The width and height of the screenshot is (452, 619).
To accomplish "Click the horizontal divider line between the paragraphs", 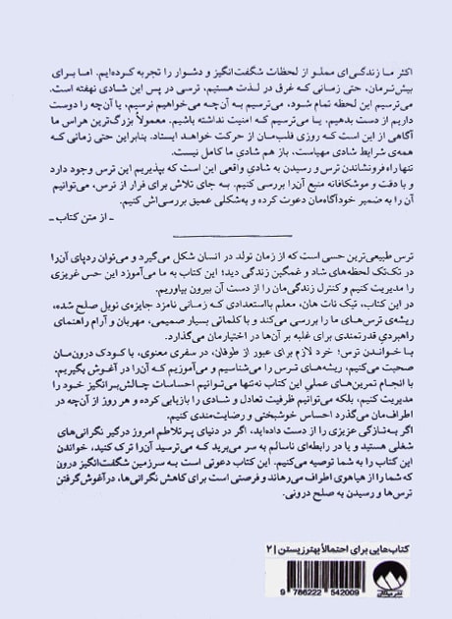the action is pos(226,237).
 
